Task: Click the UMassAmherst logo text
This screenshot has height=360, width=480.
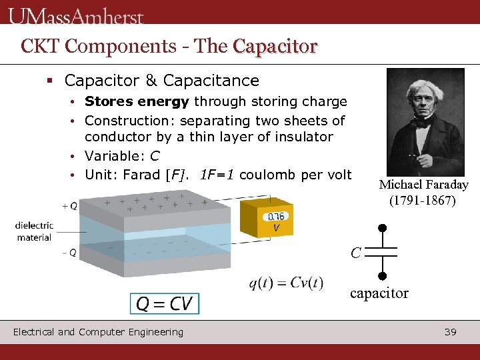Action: (77, 14)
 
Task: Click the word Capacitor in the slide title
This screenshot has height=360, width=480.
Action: (275, 46)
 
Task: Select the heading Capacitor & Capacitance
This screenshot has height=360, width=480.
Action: (161, 81)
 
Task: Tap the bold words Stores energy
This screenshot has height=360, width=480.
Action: (137, 102)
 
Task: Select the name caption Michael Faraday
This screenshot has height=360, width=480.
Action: (423, 185)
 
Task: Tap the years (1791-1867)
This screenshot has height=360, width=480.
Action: (423, 200)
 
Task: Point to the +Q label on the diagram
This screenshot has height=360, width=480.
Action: (69, 206)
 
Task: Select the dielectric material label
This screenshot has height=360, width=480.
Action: (34, 231)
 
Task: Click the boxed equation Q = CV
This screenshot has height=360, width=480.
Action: (164, 304)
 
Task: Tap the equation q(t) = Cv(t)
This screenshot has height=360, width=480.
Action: (286, 283)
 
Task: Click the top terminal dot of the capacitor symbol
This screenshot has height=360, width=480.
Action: (382, 228)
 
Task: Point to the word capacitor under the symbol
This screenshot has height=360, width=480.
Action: (379, 293)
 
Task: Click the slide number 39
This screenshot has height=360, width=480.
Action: (450, 331)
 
